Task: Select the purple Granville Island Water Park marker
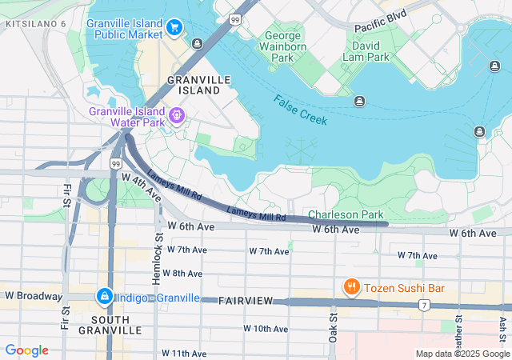pos(177,117)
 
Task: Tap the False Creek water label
pos(300,110)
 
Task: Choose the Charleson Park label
pos(346,215)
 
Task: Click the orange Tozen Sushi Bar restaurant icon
pos(350,286)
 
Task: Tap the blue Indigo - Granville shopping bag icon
pos(104,297)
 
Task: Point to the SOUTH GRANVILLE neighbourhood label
pos(110,323)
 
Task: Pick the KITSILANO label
pos(36,24)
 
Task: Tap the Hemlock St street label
pos(158,257)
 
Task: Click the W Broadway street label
pos(33,296)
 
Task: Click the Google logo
pos(26,350)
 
